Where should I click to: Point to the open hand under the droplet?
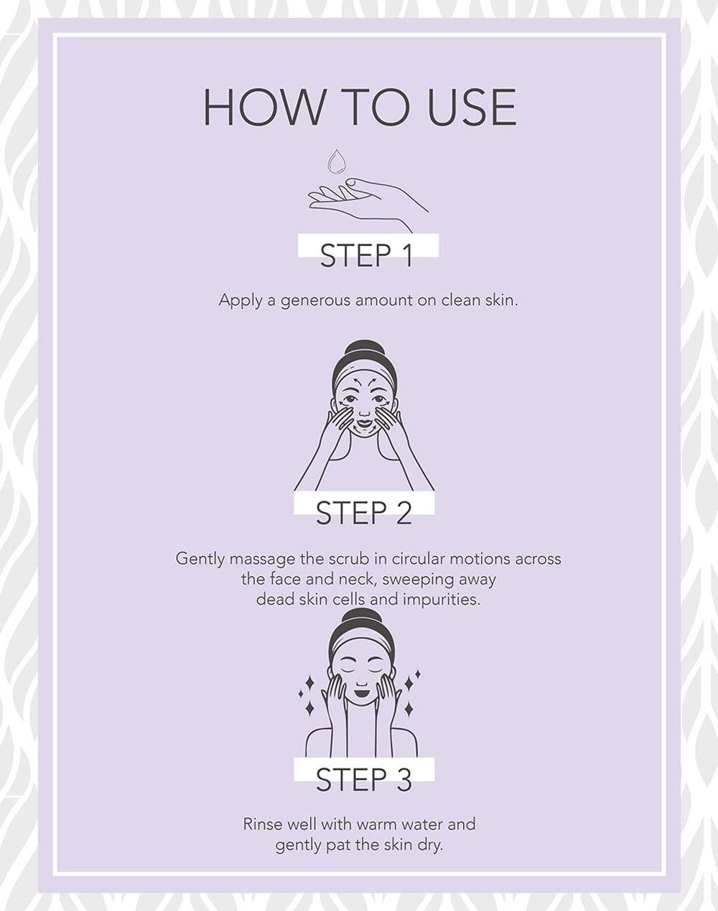pos(368,203)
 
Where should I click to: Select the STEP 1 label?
pos(366,255)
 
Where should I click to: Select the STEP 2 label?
pos(364,513)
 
